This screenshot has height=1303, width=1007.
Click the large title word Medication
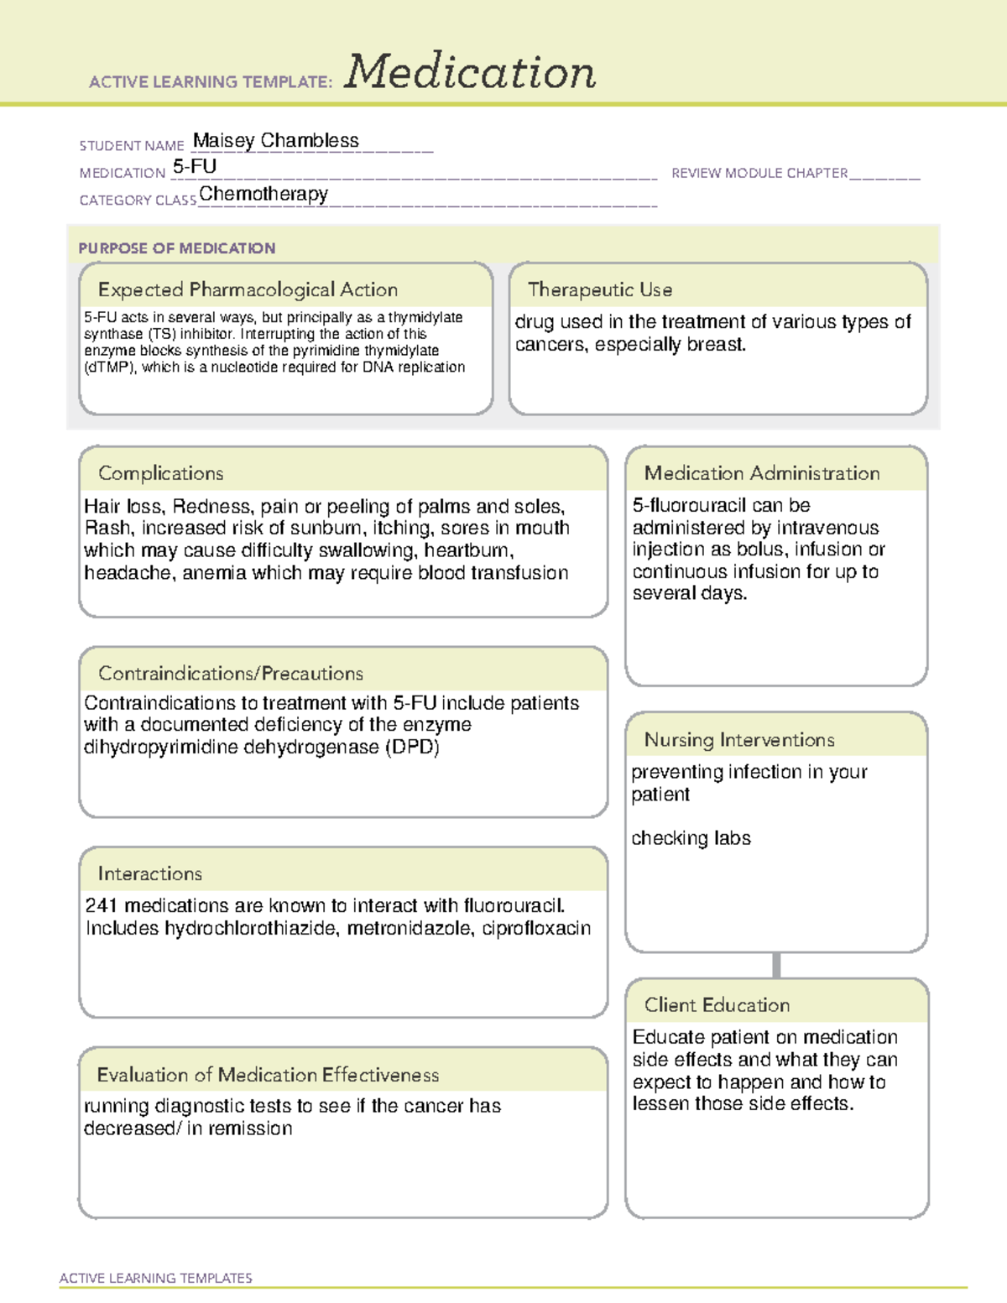(470, 72)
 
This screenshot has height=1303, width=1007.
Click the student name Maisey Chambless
(275, 141)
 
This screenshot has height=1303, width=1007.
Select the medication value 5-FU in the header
(195, 167)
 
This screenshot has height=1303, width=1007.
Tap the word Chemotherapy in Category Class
(263, 194)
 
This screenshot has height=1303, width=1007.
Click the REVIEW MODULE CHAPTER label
(759, 173)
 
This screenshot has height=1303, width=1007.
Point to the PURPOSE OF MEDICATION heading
(176, 248)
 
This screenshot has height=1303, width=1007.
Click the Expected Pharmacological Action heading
(248, 289)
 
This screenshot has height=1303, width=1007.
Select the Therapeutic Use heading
(600, 289)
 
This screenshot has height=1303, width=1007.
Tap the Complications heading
(161, 473)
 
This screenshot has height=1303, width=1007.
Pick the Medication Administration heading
(762, 473)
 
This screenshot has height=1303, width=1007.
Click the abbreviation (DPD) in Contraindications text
(412, 747)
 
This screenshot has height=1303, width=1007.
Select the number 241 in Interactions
(101, 905)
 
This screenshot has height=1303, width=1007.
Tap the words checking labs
(691, 838)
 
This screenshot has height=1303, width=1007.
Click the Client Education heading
(717, 1005)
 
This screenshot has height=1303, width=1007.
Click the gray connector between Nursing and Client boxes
(776, 965)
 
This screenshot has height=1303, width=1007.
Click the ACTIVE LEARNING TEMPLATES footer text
(156, 1278)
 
